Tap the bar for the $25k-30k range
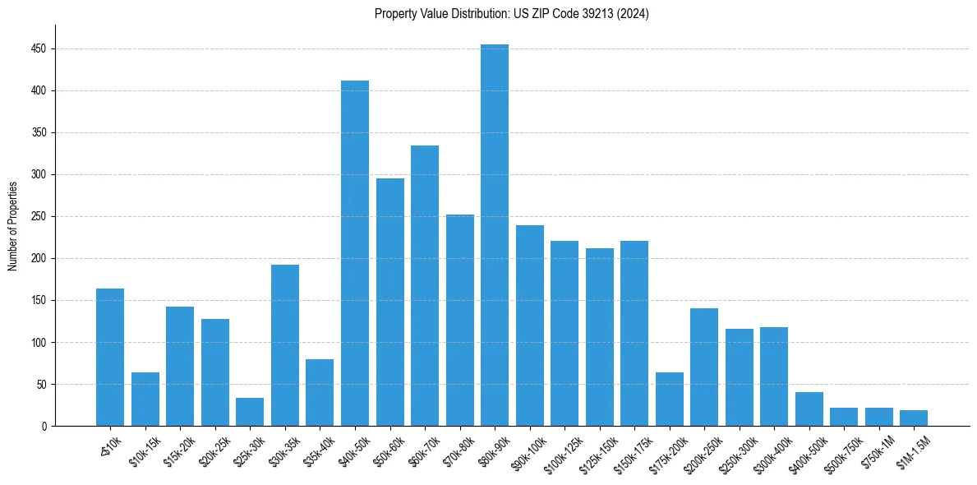pos(250,412)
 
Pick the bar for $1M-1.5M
pos(914,418)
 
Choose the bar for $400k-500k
pos(809,409)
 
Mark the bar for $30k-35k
pos(285,345)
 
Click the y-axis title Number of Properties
pos(12,225)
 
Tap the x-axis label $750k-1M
pos(879,450)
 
